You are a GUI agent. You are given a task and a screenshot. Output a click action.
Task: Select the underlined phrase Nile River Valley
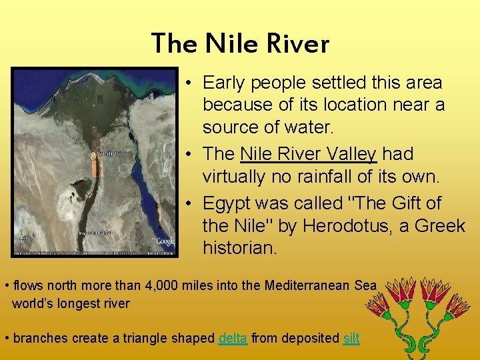point(309,154)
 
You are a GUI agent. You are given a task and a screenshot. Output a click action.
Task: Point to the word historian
point(239,249)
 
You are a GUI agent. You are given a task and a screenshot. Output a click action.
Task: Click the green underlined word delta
point(233,338)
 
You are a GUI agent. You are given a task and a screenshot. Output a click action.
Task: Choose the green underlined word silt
point(351,338)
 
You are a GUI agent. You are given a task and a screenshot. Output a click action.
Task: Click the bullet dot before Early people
point(190,83)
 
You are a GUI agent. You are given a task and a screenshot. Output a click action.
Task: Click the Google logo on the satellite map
point(163,241)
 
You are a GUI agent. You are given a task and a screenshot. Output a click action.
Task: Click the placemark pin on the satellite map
point(93,155)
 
